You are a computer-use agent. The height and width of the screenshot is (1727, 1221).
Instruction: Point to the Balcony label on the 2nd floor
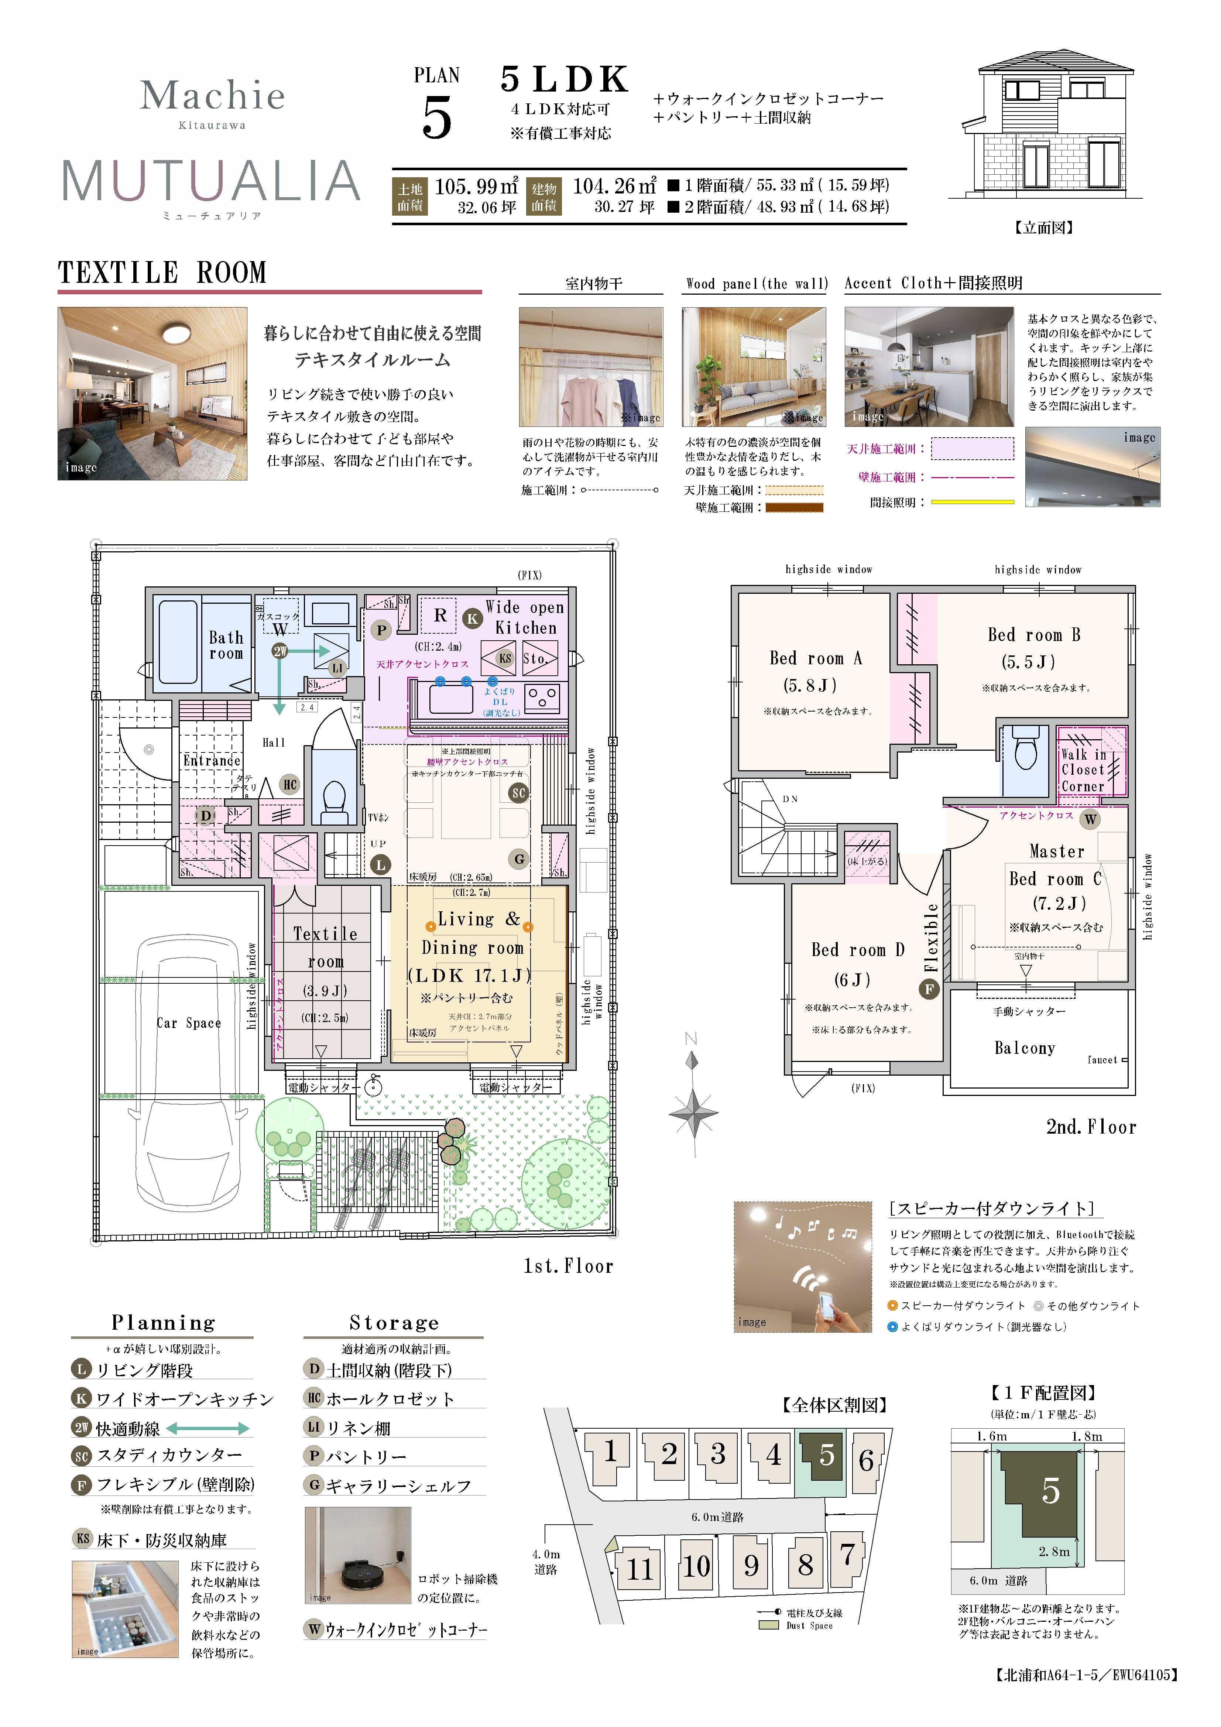(x=1025, y=1048)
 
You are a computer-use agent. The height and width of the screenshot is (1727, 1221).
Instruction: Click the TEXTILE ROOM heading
(x=162, y=272)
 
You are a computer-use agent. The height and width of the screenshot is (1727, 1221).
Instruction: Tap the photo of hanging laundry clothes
(x=591, y=367)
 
